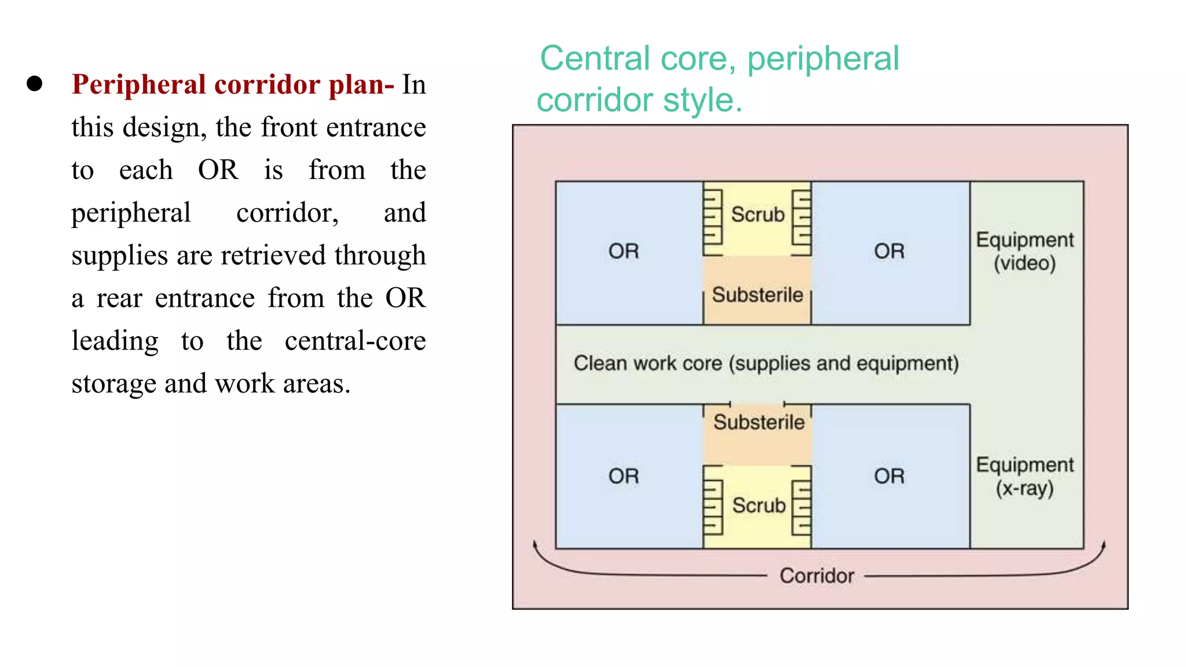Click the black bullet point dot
(x=35, y=84)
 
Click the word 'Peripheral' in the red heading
(x=138, y=85)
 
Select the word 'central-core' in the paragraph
(x=355, y=340)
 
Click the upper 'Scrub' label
(x=757, y=215)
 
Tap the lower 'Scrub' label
(x=759, y=505)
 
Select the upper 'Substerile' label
(x=757, y=295)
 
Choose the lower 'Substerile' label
(x=759, y=423)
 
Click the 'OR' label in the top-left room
(x=624, y=251)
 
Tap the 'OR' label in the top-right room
(x=889, y=251)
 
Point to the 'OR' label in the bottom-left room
(x=624, y=477)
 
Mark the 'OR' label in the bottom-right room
(x=889, y=477)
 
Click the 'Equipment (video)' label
(x=1025, y=251)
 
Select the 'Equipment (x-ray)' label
(x=1025, y=477)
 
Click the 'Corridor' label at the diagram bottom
(x=817, y=576)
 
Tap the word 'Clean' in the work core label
(x=600, y=364)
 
